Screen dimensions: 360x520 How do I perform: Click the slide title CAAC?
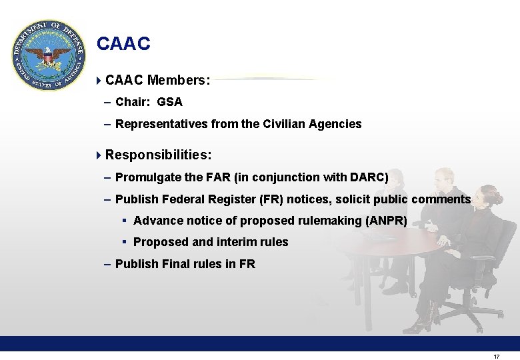[123, 44]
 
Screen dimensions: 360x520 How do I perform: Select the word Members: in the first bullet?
[179, 81]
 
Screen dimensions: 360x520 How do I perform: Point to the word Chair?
[133, 102]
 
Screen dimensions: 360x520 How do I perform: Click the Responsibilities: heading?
[159, 155]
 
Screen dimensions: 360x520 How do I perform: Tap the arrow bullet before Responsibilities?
[99, 155]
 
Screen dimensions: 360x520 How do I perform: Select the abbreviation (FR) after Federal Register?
[271, 199]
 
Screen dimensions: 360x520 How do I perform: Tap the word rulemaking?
[331, 221]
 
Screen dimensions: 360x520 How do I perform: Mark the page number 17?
[496, 357]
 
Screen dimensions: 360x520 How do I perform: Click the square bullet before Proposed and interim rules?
[125, 242]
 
